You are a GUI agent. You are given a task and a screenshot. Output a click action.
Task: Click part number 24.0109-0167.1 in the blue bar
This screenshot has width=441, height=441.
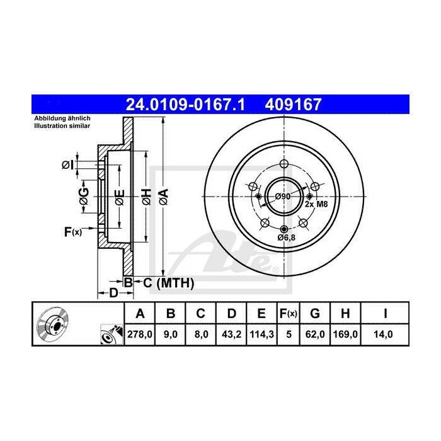pos(185,105)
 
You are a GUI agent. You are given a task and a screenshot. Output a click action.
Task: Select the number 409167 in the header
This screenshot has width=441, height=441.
pos(293,105)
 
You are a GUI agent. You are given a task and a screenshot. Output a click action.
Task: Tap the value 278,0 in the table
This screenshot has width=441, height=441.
pos(140,335)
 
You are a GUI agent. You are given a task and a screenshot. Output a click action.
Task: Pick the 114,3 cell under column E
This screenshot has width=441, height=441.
pos(261,335)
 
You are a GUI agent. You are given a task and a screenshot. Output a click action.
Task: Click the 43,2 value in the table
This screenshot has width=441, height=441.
pos(231,335)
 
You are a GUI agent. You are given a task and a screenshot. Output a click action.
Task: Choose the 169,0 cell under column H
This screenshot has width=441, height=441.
pos(345,335)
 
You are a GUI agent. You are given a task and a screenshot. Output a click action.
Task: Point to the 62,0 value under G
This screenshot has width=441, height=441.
pos(315,335)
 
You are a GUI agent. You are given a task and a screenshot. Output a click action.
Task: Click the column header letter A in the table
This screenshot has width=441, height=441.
pos(140,313)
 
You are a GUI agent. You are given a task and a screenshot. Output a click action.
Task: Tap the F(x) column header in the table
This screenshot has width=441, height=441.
pos(289,314)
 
